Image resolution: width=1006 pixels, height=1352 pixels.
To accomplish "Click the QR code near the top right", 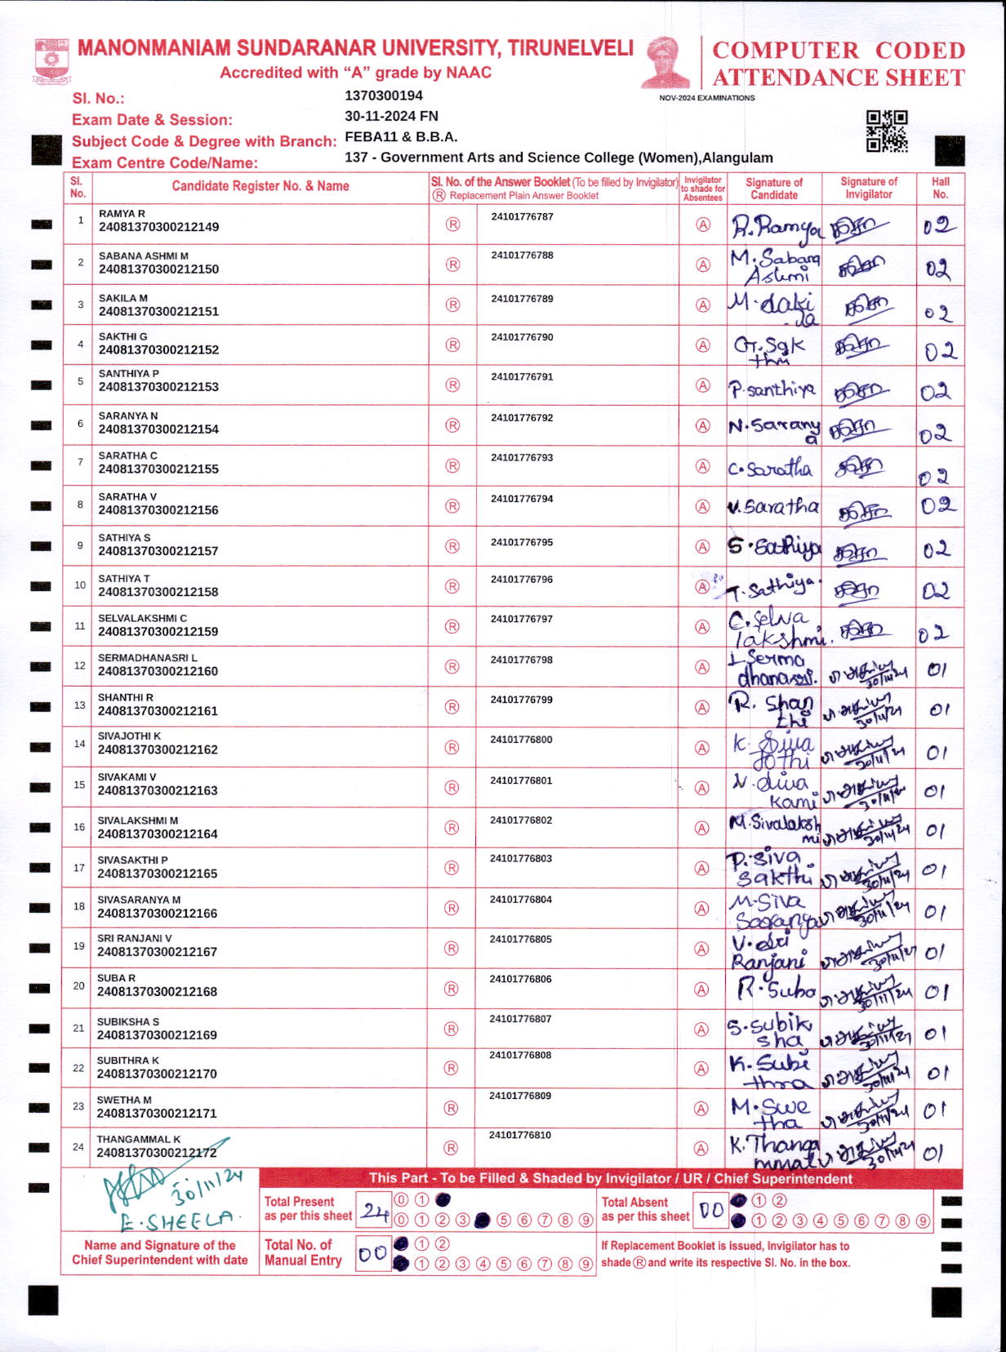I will click(886, 131).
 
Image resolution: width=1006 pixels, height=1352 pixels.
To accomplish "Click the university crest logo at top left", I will click(51, 60).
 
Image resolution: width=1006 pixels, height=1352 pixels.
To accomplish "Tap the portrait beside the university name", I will click(665, 62).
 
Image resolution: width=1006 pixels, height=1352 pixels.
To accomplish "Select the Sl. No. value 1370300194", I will click(384, 96).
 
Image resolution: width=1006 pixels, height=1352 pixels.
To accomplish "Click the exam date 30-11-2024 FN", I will click(391, 116).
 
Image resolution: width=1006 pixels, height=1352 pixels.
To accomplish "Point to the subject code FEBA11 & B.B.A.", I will click(401, 136).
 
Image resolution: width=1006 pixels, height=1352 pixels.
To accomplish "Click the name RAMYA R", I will click(122, 214).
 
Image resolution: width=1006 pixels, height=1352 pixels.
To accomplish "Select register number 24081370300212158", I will click(158, 592).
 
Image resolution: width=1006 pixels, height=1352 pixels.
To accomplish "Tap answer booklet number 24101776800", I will click(521, 740).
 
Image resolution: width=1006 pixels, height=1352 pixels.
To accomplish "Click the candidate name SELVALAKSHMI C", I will click(142, 618).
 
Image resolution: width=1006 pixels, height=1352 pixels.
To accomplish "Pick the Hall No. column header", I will click(940, 188).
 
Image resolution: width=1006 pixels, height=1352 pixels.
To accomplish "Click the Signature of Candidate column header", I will click(773, 188).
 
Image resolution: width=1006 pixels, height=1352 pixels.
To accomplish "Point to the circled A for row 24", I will click(701, 1148).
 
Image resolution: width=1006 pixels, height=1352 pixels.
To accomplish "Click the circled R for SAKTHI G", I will click(452, 345).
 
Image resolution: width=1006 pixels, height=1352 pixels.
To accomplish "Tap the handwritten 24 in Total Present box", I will click(375, 1211).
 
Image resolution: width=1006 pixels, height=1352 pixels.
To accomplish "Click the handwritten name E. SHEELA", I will click(175, 1221).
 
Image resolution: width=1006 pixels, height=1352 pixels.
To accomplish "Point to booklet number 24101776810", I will click(520, 1135).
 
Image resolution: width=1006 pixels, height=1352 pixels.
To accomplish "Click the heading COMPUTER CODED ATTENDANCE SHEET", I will click(839, 64).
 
